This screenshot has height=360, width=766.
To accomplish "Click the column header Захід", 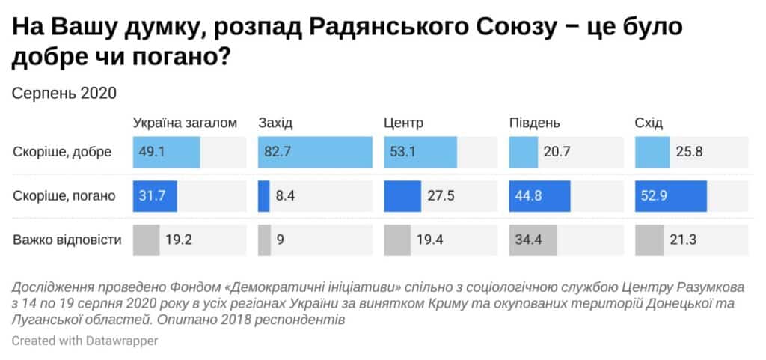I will pyautogui.click(x=277, y=123).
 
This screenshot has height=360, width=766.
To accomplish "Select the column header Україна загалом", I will pyautogui.click(x=185, y=123).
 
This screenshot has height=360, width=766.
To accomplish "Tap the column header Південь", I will pyautogui.click(x=535, y=123).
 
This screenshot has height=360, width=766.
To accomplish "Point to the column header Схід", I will pyautogui.click(x=649, y=123).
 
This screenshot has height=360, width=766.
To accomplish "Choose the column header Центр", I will pyautogui.click(x=404, y=123).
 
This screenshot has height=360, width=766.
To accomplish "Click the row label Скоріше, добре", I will pyautogui.click(x=62, y=153).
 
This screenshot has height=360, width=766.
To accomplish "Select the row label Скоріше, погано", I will pyautogui.click(x=64, y=197).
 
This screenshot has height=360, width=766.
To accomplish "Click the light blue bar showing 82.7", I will pyautogui.click(x=315, y=153).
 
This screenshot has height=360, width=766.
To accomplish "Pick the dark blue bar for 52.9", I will pyautogui.click(x=671, y=197).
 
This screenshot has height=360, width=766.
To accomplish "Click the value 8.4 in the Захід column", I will pyautogui.click(x=284, y=197).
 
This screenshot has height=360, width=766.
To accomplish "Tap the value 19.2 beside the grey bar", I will pyautogui.click(x=179, y=240).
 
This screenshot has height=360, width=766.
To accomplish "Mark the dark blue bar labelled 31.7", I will pyautogui.click(x=155, y=197).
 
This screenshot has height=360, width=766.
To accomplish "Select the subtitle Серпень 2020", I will pyautogui.click(x=65, y=94).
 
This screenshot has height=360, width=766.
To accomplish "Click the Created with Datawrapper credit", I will pyautogui.click(x=85, y=341).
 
